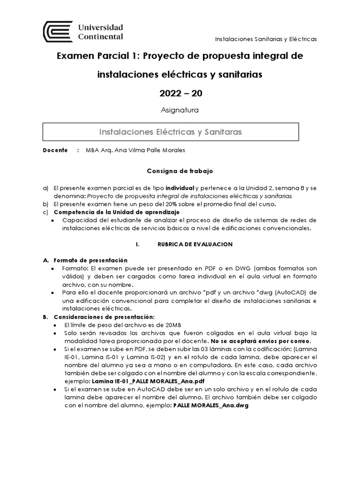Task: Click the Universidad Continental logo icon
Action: [x=58, y=31]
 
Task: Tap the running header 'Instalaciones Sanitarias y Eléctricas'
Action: [x=265, y=39]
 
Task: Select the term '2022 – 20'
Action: [x=180, y=93]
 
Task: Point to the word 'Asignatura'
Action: [x=180, y=111]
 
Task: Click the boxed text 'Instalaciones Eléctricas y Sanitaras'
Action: [x=171, y=132]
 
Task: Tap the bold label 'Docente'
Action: [x=55, y=150]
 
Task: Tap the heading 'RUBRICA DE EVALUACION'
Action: [x=194, y=244]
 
